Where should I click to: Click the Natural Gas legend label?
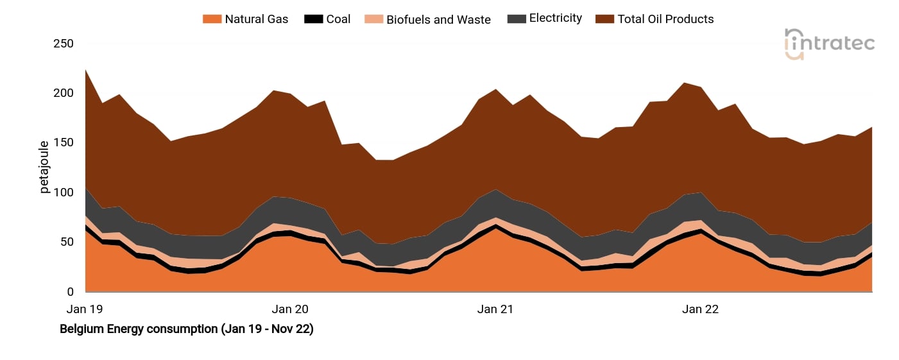coord(256,19)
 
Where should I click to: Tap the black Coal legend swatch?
coord(313,19)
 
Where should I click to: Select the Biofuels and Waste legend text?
coord(438,19)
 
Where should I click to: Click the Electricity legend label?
coord(555,19)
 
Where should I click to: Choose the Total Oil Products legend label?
coord(665,19)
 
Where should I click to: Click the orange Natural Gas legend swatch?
coord(212,19)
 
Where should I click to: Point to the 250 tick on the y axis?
coord(64,44)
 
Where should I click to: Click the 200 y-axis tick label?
coord(64,94)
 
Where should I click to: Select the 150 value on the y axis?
coord(64,143)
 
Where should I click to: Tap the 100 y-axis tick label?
coord(64,193)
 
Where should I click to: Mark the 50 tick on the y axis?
coord(67,242)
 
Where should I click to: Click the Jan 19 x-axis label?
coord(85,309)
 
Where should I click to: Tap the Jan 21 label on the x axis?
coord(495,309)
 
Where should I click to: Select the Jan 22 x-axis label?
coord(701,309)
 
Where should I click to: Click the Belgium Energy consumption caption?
coord(186,330)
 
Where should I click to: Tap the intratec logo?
coord(829,44)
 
